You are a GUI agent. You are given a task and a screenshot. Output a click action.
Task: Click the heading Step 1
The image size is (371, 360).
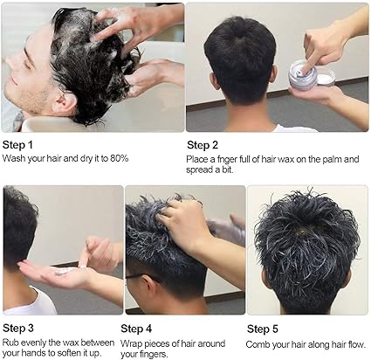tap(17, 145)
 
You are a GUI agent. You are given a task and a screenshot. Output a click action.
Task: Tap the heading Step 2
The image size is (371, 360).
tap(203, 145)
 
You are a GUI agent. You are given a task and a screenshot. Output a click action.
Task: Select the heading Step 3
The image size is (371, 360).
tap(18, 328)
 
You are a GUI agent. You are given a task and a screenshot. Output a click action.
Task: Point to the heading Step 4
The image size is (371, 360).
tap(136, 329)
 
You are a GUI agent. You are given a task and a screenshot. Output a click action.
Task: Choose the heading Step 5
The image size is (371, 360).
tap(263, 329)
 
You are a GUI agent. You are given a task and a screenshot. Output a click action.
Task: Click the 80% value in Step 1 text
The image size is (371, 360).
tap(119, 158)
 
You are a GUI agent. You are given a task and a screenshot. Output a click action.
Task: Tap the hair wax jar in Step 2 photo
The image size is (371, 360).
tap(303, 74)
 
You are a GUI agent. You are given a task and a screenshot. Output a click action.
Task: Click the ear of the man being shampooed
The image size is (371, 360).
tap(65, 103)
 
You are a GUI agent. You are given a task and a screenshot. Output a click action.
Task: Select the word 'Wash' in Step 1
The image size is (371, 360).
tap(15, 158)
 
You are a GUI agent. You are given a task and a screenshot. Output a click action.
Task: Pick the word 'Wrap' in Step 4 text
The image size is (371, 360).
tap(132, 344)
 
